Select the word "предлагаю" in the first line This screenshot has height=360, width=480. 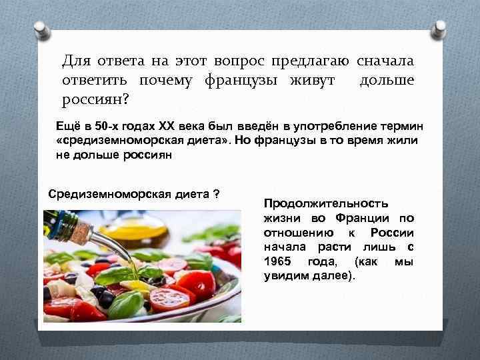point(311,61)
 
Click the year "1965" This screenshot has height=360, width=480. point(278,261)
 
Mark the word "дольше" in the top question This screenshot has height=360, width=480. point(387,81)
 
